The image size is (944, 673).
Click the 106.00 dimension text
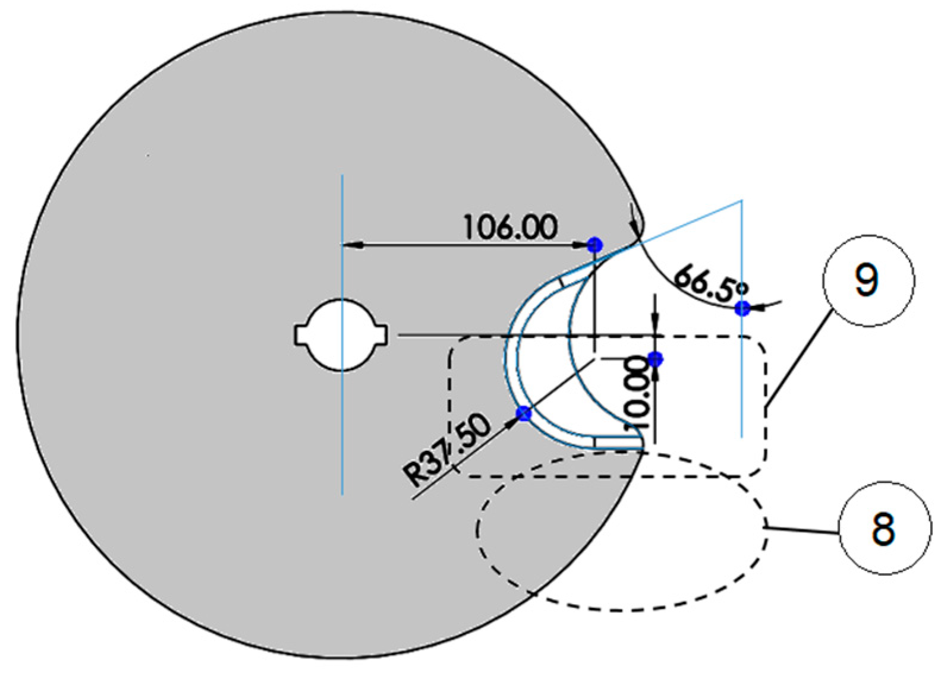[x=511, y=227]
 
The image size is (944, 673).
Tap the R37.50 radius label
[x=448, y=449]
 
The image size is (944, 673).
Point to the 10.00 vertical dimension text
[x=635, y=392]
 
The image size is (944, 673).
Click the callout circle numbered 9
[x=868, y=280]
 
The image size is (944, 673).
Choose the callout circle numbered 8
[x=884, y=527]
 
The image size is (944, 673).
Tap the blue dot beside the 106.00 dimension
[x=594, y=245]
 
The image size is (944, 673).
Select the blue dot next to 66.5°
[x=742, y=308]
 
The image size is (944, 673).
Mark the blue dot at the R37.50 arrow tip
[x=523, y=413]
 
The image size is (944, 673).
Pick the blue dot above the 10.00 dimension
[x=655, y=359]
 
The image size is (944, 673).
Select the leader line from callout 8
[x=803, y=530]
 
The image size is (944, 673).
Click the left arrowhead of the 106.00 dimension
[x=351, y=245]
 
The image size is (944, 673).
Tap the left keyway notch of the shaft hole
[x=301, y=335]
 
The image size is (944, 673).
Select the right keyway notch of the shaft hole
[x=383, y=335]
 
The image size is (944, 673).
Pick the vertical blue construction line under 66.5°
[x=742, y=386]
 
